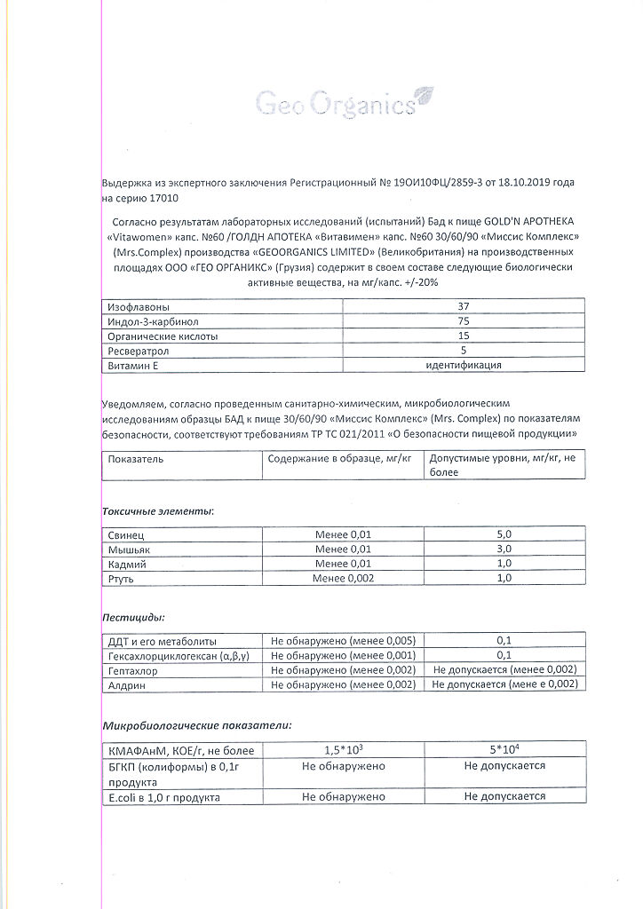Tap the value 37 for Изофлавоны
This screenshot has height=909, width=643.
click(463, 305)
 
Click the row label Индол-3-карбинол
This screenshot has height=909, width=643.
click(152, 320)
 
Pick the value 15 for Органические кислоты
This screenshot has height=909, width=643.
click(463, 336)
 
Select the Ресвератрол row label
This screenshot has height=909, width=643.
click(139, 351)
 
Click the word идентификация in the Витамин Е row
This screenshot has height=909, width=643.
click(464, 365)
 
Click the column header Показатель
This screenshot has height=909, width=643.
click(136, 459)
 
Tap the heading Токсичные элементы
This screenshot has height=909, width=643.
click(158, 511)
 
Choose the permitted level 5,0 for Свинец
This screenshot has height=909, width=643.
click(504, 534)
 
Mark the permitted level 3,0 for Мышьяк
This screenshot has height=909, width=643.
click(504, 549)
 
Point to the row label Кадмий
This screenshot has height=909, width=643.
click(127, 564)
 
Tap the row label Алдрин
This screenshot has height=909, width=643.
click(127, 684)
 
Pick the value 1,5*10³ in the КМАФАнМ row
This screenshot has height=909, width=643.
click(344, 750)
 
